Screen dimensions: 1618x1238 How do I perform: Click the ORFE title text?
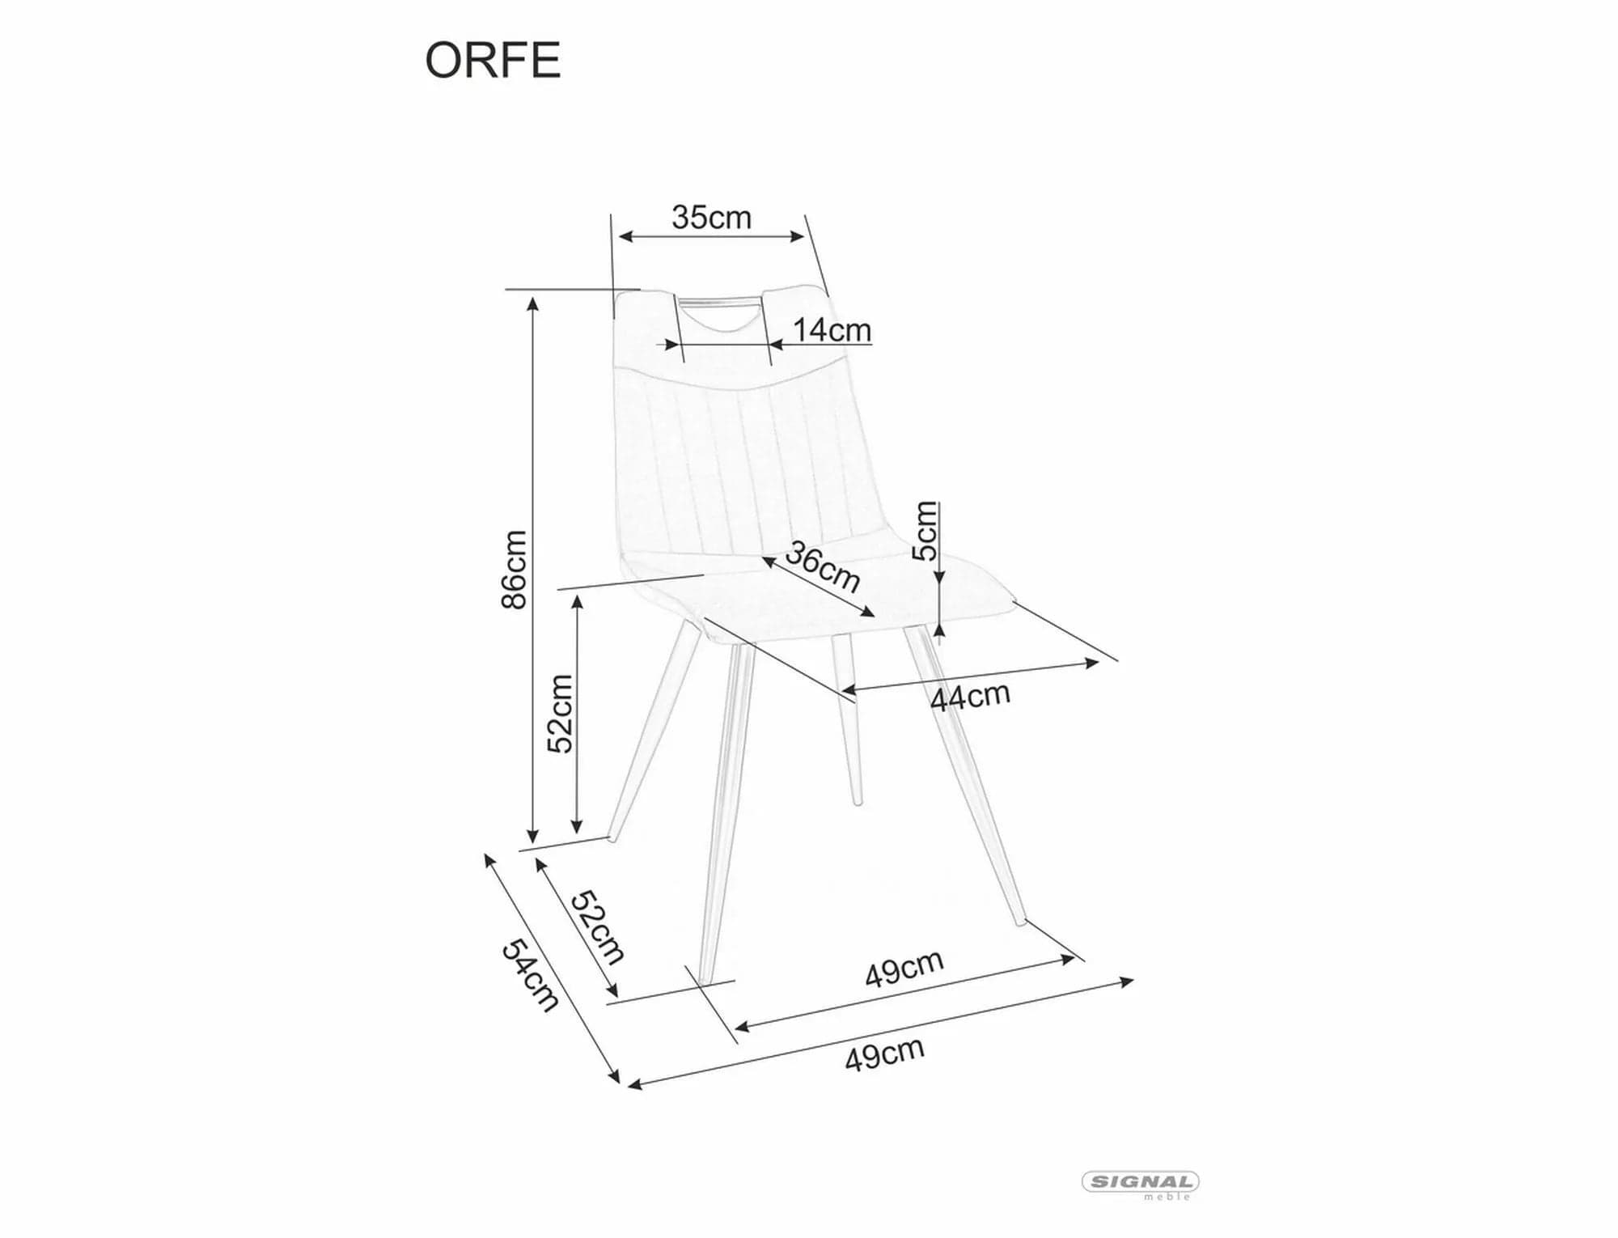click(493, 60)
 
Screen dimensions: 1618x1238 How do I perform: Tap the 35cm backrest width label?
click(711, 217)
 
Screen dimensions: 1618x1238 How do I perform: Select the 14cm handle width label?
click(832, 329)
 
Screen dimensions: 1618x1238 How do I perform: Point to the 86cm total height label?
click(515, 569)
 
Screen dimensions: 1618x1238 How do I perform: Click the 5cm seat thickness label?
click(925, 531)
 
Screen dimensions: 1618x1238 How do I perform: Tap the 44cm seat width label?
click(970, 696)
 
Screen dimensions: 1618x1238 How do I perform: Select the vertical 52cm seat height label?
click(560, 714)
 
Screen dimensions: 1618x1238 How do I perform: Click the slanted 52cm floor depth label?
click(598, 927)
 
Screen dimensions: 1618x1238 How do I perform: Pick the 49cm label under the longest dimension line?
click(884, 1054)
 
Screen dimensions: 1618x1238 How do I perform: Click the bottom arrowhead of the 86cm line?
click(532, 836)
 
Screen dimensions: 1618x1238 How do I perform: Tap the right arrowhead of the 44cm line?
click(1092, 664)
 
